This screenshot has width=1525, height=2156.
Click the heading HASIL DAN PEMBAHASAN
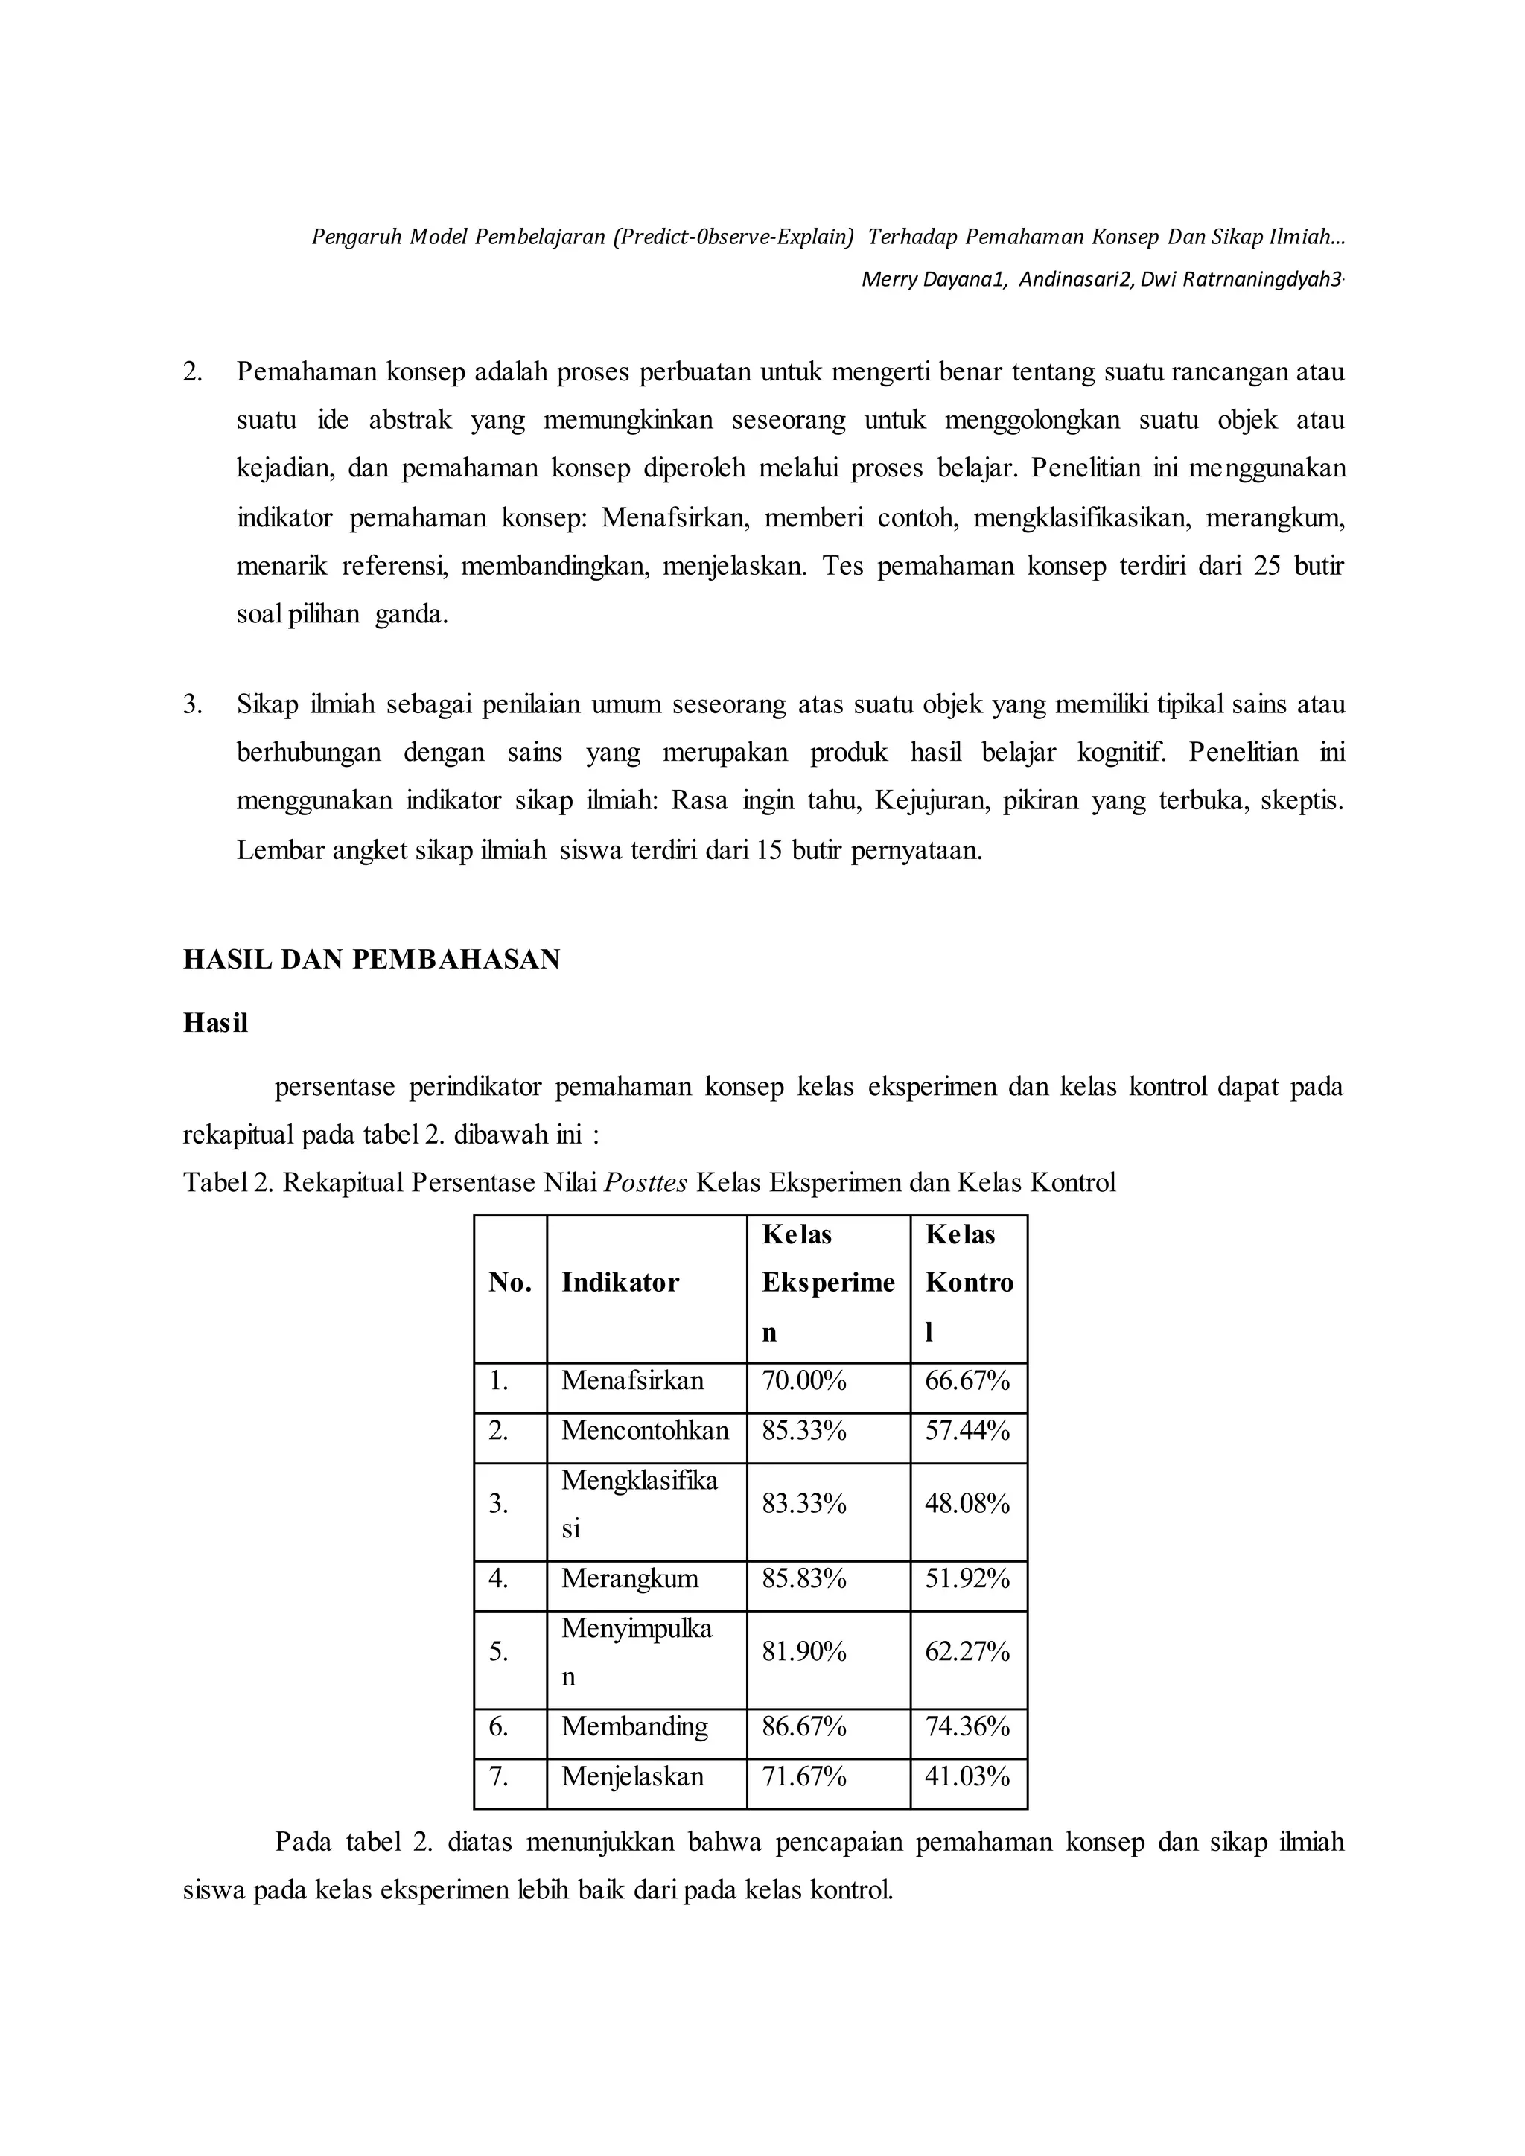371,959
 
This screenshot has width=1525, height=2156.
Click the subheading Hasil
215,1023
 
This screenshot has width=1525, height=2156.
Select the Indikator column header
620,1283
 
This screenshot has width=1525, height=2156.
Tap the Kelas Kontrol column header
968,1283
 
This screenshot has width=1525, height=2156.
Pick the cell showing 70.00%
803,1381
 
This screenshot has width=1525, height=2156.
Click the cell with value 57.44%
967,1431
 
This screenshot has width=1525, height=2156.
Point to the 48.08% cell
967,1505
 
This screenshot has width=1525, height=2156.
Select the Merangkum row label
630,1578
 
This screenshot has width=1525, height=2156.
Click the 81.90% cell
803,1652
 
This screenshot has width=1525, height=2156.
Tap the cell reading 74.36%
967,1726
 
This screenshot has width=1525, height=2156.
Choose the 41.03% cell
967,1776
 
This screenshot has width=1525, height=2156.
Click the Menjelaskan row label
632,1776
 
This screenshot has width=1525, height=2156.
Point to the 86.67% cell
803,1726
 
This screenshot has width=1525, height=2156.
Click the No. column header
510,1283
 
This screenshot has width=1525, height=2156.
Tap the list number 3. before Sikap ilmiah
193,704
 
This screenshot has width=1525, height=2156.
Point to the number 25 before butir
1267,567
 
